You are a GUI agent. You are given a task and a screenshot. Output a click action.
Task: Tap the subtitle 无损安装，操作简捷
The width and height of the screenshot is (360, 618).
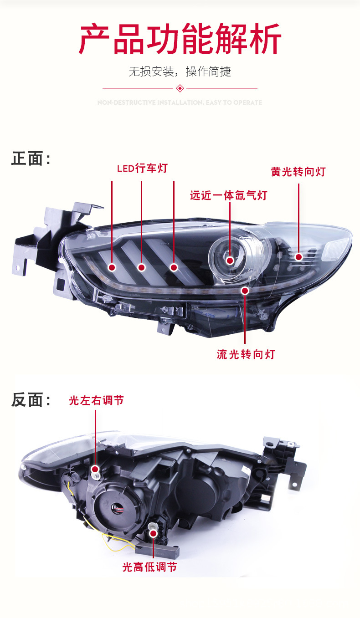click(180, 72)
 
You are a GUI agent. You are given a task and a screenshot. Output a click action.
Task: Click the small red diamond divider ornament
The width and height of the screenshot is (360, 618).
click(180, 88)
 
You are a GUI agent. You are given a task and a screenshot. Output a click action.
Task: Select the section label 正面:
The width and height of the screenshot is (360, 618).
click(31, 159)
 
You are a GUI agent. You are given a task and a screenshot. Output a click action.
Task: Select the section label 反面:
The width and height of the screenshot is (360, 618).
click(31, 400)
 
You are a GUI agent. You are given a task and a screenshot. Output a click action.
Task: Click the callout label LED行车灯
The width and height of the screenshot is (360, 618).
click(142, 169)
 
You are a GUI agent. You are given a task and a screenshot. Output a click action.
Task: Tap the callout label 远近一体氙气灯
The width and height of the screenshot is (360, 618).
click(228, 195)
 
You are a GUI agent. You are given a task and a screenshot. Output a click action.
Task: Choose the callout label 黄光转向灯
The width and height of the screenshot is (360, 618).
click(298, 172)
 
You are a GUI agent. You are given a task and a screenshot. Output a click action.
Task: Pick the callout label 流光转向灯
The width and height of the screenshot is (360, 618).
click(246, 354)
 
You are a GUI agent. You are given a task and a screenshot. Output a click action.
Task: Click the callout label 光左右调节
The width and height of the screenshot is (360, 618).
click(96, 401)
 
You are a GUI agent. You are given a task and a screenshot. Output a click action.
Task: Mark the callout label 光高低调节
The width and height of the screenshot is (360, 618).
click(149, 567)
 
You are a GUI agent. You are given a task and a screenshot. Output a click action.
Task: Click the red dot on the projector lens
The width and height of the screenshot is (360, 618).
click(230, 260)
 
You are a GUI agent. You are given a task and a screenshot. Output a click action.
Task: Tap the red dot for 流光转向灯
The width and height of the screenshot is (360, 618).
click(245, 290)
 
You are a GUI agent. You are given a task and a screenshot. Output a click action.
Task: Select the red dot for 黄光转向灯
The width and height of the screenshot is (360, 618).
click(298, 257)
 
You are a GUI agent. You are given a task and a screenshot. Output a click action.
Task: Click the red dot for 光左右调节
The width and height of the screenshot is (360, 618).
click(95, 469)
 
